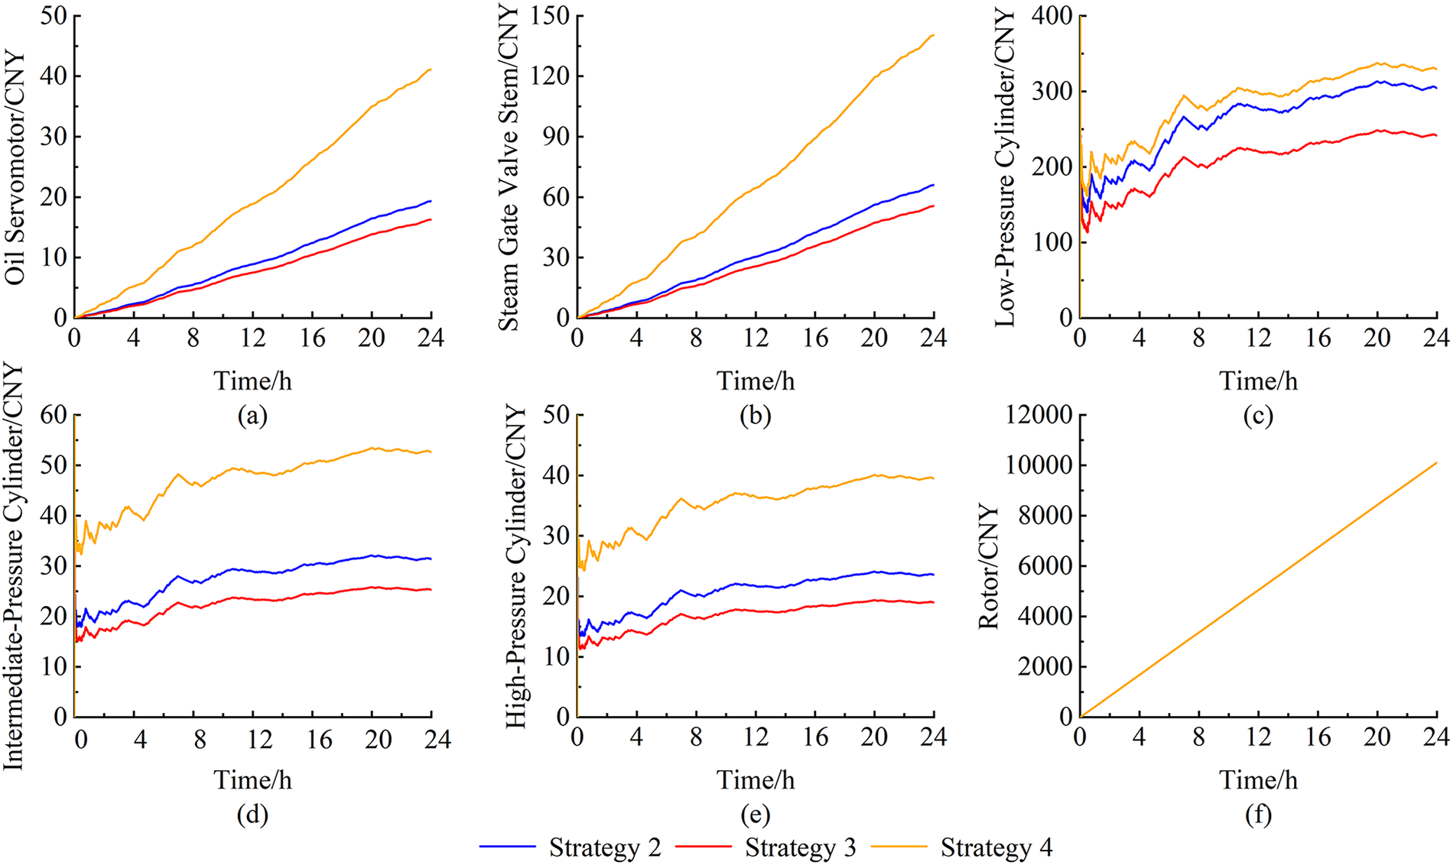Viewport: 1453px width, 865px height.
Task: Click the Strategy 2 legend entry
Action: pos(604,847)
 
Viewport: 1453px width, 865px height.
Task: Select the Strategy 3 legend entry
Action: pos(800,847)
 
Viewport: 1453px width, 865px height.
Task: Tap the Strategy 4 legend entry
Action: pos(996,847)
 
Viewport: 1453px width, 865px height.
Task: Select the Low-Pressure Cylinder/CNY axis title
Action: pos(1006,168)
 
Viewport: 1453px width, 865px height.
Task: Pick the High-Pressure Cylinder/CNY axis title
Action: pos(518,566)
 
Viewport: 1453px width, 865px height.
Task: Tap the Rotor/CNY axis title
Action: pos(990,566)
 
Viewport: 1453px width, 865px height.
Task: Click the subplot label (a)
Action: pos(252,416)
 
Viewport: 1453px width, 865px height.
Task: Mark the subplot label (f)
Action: pos(1258,815)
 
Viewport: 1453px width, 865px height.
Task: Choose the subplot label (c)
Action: pos(1258,416)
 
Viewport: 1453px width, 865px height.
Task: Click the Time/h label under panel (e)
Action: pos(755,780)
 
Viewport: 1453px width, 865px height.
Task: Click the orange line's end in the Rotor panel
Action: pos(1437,462)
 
